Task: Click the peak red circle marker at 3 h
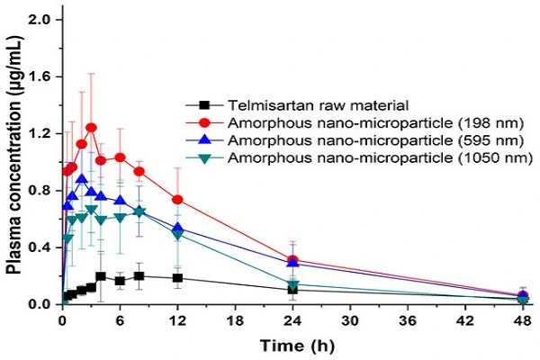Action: [91, 128]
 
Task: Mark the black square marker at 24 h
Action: [292, 290]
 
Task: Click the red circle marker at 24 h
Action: [292, 260]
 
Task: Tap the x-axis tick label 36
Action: [408, 320]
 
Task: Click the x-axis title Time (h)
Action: [291, 345]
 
